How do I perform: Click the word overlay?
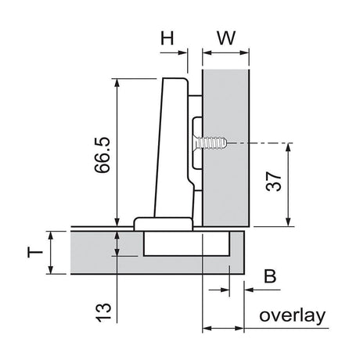tap(290, 316)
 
